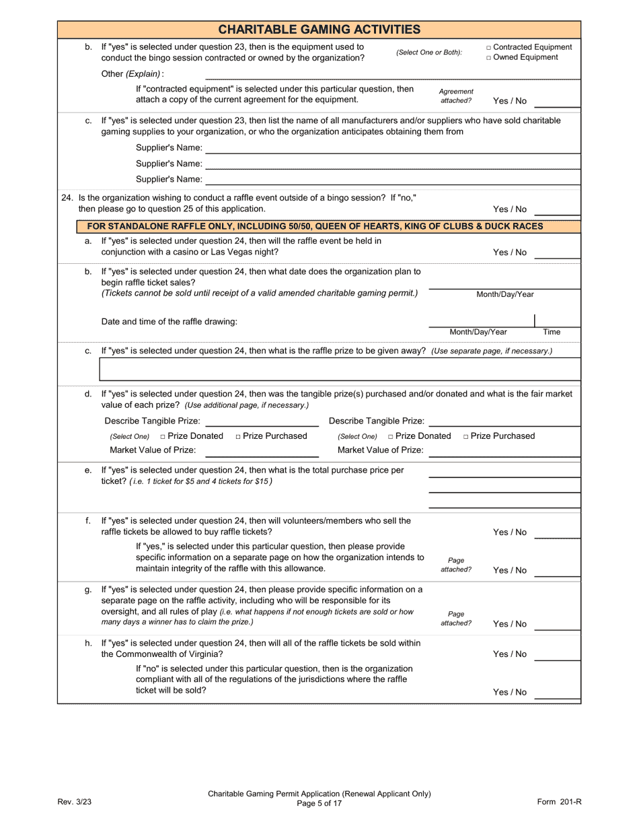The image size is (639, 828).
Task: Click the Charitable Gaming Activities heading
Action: [x=319, y=29]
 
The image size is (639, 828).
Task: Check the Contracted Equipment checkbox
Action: [x=489, y=48]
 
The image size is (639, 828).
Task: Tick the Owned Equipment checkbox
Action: [x=489, y=58]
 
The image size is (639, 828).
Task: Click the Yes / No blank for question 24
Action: [x=557, y=211]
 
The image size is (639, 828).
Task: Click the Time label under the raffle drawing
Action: [x=552, y=332]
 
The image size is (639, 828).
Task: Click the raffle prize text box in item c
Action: [x=340, y=370]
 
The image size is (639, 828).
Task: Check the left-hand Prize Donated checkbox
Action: [x=163, y=437]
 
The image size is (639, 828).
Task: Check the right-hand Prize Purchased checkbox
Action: [x=466, y=437]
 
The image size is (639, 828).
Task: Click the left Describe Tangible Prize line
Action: [x=262, y=422]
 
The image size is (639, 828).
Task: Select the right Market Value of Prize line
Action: [x=504, y=452]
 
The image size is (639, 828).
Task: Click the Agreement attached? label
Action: [x=456, y=96]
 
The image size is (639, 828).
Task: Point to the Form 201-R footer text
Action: [x=559, y=801]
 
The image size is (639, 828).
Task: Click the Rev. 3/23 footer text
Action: [x=74, y=801]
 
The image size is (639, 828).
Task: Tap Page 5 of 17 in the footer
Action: [x=319, y=803]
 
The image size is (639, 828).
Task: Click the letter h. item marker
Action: [x=88, y=644]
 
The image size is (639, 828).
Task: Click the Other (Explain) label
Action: [x=132, y=74]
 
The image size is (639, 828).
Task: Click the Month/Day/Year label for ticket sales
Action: [x=505, y=294]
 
